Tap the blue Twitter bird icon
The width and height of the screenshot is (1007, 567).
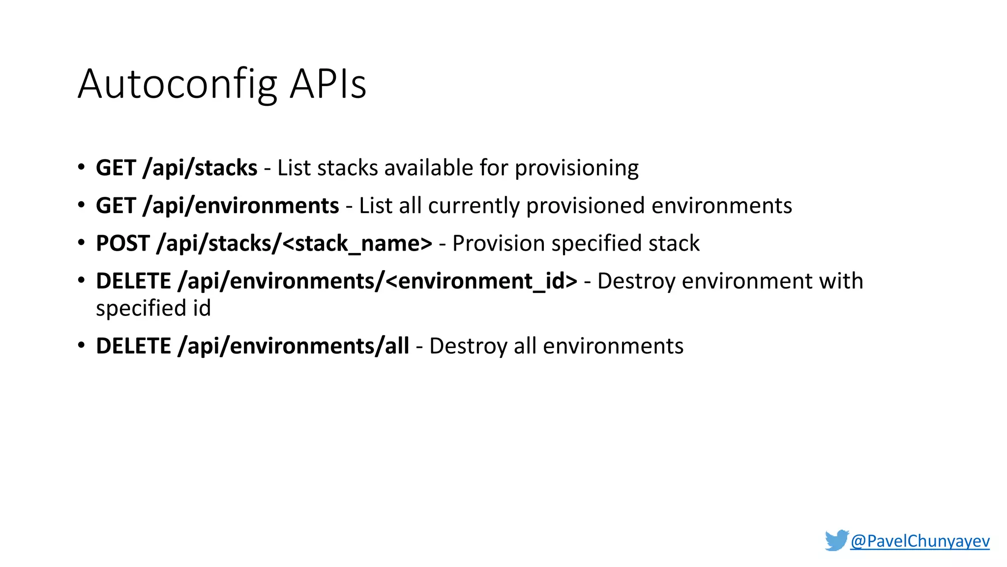[836, 540]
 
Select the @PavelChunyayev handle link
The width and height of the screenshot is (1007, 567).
[919, 541]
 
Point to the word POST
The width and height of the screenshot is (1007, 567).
[122, 244]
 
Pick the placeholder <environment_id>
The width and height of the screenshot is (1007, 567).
[481, 282]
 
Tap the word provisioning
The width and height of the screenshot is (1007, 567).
[576, 168]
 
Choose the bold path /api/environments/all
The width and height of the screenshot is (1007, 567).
[294, 346]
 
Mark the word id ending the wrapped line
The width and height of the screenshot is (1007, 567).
[202, 309]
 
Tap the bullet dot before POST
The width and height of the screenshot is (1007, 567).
[81, 243]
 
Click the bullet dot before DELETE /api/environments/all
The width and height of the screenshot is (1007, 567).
[81, 346]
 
